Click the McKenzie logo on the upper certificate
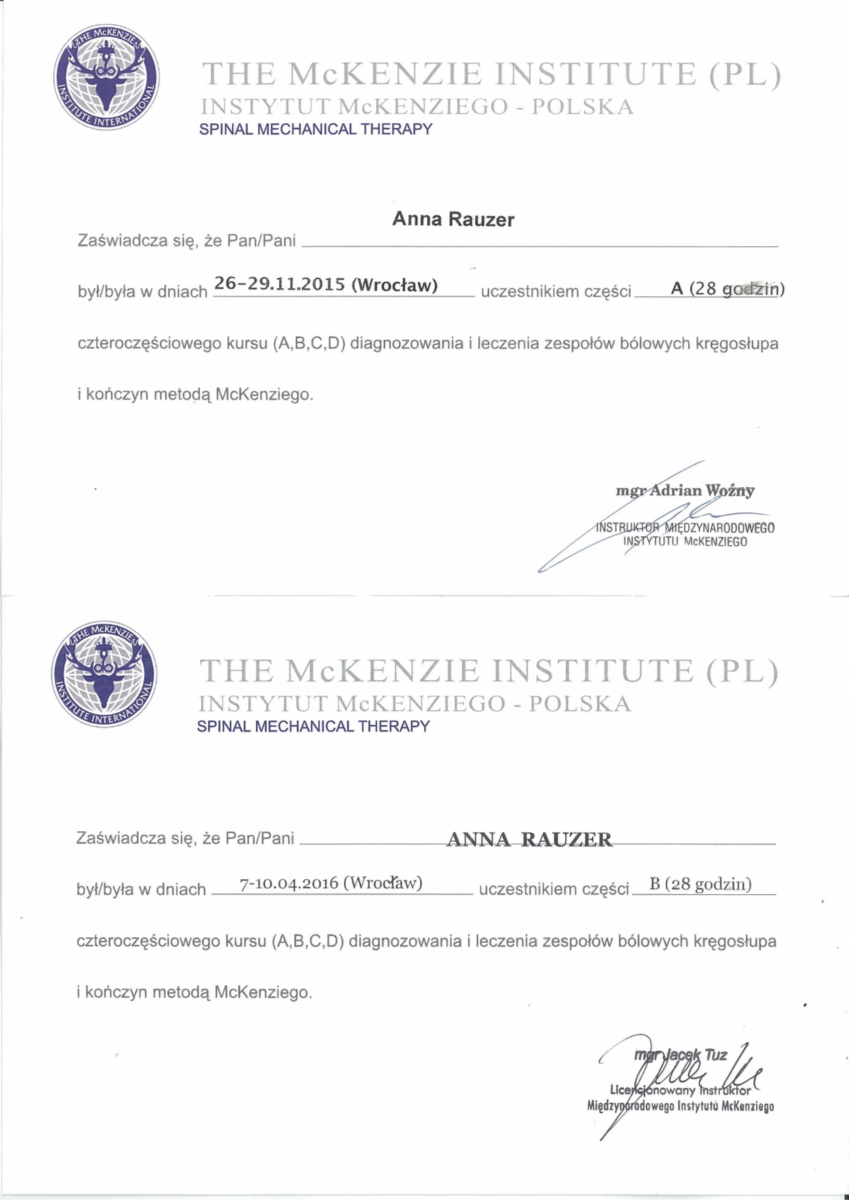tap(106, 77)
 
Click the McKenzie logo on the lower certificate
tap(104, 675)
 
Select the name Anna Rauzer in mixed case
tap(453, 220)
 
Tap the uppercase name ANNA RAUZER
tap(530, 839)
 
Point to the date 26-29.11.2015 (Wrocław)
tap(326, 285)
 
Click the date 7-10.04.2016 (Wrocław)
tap(330, 883)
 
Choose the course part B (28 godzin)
tap(700, 885)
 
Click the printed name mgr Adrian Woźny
tap(685, 491)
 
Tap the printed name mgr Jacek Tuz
tap(681, 1055)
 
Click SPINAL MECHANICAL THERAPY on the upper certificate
tap(315, 129)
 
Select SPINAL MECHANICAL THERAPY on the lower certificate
tap(313, 727)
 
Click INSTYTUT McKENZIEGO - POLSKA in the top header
tap(417, 107)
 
